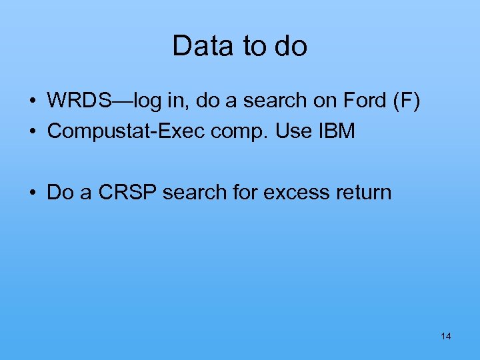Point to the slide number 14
click(446, 336)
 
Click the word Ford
click(365, 101)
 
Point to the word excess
click(290, 193)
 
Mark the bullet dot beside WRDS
click(32, 101)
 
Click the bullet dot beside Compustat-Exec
click(32, 132)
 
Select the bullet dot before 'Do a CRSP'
click(32, 193)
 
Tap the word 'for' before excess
click(239, 193)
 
